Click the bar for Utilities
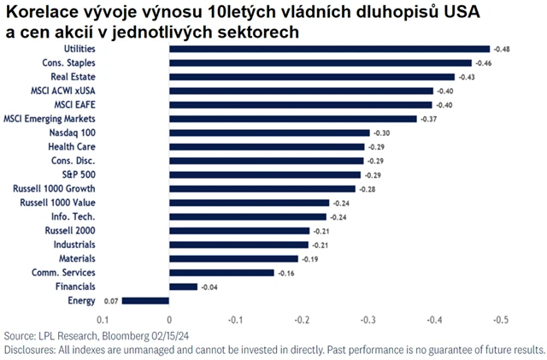pos(329,49)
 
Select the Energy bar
pos(145,300)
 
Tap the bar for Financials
pos(183,286)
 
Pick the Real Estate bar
pos(312,76)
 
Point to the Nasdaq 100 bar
pos(269,133)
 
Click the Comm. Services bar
pos(221,273)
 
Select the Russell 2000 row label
pos(71,230)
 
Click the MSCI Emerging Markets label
pos(50,118)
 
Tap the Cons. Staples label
pos(68,62)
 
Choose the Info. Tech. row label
pos(74,216)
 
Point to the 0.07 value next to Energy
pos(110,300)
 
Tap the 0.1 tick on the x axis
pos(102,319)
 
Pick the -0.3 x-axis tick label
pos(368,319)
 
